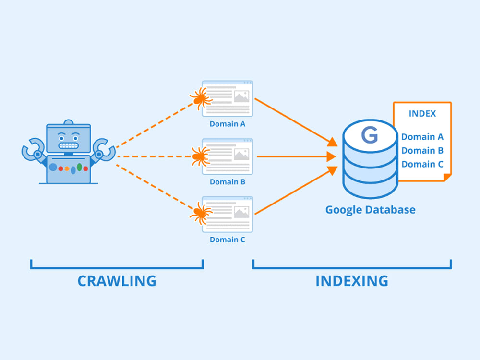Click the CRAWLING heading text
(117, 281)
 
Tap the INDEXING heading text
(352, 281)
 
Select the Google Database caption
(371, 210)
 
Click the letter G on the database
(370, 135)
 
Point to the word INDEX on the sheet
(422, 114)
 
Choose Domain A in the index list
(422, 137)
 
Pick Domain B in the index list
(422, 151)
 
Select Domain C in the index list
(422, 164)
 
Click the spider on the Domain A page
(201, 98)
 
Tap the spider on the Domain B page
(201, 156)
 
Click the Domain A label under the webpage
(228, 124)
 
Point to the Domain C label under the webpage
(228, 240)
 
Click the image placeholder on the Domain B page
(241, 155)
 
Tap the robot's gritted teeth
(69, 145)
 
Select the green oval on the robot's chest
(79, 167)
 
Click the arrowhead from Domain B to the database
(331, 156)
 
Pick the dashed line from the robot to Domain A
(154, 125)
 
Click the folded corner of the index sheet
(447, 177)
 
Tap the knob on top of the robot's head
(69, 122)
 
